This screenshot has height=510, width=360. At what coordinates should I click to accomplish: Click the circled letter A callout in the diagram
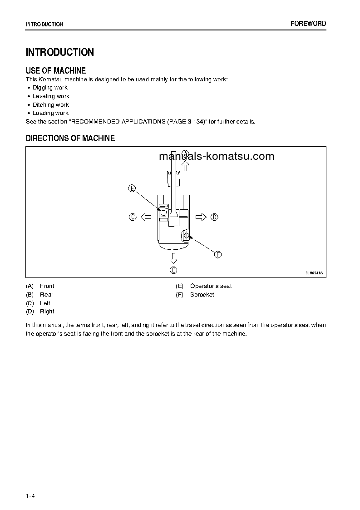point(185,153)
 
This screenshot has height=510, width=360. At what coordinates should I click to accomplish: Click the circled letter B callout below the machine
point(173,270)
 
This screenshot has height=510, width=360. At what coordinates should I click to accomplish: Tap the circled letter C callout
point(132,217)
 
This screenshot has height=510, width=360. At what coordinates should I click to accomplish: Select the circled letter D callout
point(214,217)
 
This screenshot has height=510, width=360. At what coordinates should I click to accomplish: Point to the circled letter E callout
point(132,188)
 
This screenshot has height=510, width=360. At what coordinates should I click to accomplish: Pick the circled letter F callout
point(218,255)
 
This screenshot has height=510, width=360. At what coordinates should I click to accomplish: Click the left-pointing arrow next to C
point(146,217)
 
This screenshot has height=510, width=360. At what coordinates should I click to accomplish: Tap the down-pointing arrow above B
point(173,258)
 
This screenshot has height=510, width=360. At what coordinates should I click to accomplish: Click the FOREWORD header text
point(308,24)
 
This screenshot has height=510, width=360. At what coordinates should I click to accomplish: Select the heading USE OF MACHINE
point(56,70)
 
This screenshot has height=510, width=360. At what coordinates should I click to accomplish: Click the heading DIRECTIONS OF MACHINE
point(70,138)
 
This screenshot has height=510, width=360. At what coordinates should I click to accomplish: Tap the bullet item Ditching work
point(51,105)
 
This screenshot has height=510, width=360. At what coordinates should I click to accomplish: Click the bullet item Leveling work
point(51,96)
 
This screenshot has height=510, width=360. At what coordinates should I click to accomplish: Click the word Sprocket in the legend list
point(202,295)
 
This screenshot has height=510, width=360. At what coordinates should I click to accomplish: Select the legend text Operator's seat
point(211,286)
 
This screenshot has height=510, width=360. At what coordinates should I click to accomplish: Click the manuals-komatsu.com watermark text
point(217,157)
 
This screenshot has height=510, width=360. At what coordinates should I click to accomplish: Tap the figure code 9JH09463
point(314,272)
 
